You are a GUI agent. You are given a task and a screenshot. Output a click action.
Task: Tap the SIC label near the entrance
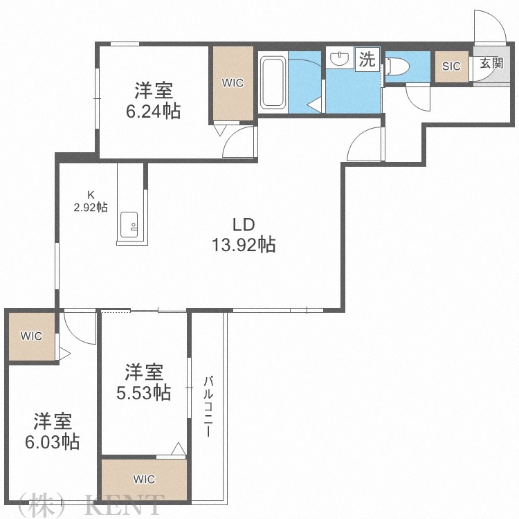click(x=451, y=66)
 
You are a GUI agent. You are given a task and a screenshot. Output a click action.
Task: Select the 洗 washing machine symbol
click(x=367, y=60)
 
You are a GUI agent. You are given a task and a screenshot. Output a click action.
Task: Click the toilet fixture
click(x=399, y=66)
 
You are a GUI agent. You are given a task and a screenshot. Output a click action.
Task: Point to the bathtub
click(x=273, y=83)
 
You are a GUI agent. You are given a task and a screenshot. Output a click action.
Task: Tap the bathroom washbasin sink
click(x=339, y=60)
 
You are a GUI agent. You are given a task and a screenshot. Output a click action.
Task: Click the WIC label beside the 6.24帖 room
click(x=233, y=82)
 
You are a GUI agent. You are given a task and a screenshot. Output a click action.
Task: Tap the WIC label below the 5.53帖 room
click(x=144, y=479)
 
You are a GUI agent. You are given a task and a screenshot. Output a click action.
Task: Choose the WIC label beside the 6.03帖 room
click(x=31, y=336)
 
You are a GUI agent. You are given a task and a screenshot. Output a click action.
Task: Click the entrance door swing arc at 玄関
click(x=487, y=28)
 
